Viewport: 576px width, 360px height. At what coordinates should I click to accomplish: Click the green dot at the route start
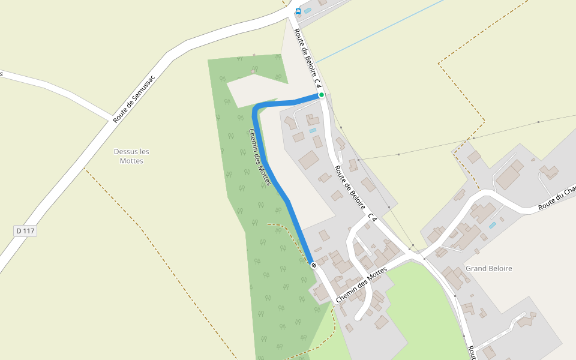pos(322,95)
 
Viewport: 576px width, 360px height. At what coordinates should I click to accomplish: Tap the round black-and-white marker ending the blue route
pos(313,265)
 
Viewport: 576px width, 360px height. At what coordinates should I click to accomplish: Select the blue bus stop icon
pos(298,11)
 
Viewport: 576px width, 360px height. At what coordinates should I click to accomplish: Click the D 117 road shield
pos(25,231)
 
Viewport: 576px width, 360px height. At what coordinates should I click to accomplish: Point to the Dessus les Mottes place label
pos(131,156)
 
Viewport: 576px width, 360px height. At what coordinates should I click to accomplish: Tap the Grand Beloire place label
pos(489,269)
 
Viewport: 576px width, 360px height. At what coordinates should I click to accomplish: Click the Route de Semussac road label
pos(134,99)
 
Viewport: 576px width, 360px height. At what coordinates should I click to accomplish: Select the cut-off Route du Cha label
pos(557,197)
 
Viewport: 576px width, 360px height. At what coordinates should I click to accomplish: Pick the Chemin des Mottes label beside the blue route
pos(260,157)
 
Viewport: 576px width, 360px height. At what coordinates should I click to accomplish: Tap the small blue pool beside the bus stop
pos(308,10)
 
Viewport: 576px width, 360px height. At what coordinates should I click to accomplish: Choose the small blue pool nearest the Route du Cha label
pos(493,225)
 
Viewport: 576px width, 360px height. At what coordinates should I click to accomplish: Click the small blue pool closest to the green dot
pos(313,130)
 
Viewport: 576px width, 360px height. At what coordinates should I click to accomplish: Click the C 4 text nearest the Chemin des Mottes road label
pos(373,217)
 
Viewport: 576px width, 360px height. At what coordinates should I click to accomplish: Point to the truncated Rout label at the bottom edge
pos(472,352)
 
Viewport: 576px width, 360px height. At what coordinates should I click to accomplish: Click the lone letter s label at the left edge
pos(2,74)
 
